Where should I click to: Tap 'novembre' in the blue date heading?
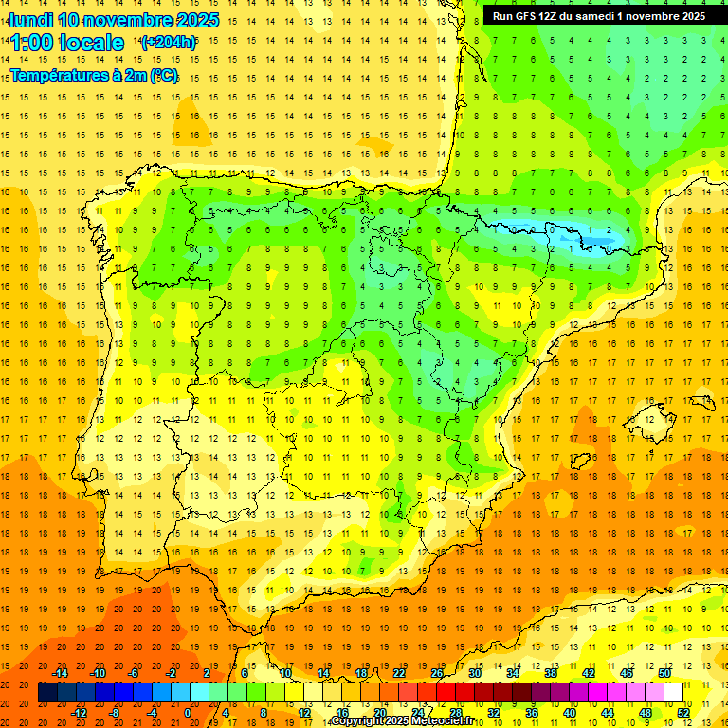point(128,20)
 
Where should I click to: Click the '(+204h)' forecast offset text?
point(169,43)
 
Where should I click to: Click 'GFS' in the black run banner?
point(528,16)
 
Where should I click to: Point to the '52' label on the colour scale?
point(683,713)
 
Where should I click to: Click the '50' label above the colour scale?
point(664,673)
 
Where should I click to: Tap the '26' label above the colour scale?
point(437,673)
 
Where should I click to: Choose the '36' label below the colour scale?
point(532,713)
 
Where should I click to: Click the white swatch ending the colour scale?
point(673,693)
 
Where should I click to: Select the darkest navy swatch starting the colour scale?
point(48,693)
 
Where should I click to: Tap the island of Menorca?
point(702,399)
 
